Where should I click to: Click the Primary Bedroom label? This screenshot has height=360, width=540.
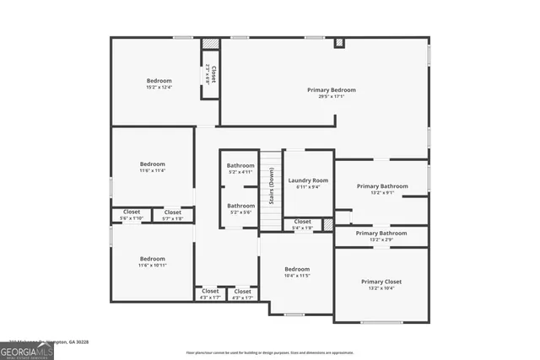click(331, 89)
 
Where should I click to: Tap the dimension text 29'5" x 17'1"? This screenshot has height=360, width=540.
click(331, 96)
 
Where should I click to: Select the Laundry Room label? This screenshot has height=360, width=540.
click(308, 180)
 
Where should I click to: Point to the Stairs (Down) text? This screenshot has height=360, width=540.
click(271, 187)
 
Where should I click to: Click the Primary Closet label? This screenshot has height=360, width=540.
click(381, 282)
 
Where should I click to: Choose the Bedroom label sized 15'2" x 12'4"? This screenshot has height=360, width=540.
click(159, 80)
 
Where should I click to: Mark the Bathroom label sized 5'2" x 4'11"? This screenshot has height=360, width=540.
click(240, 165)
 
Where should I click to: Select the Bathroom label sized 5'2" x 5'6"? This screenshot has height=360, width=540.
click(240, 206)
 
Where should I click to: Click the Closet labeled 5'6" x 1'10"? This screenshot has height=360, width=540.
click(132, 212)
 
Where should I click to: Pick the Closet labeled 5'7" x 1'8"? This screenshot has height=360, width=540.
click(173, 212)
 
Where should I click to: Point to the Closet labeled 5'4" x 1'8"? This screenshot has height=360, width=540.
click(302, 222)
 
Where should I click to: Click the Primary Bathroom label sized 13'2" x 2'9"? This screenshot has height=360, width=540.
click(381, 233)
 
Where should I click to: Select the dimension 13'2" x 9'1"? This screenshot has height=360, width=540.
click(381, 193)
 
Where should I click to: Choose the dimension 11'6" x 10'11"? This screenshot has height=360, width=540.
click(152, 266)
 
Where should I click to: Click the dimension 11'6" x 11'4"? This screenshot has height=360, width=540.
click(152, 170)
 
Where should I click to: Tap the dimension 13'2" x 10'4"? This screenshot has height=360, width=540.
click(381, 288)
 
